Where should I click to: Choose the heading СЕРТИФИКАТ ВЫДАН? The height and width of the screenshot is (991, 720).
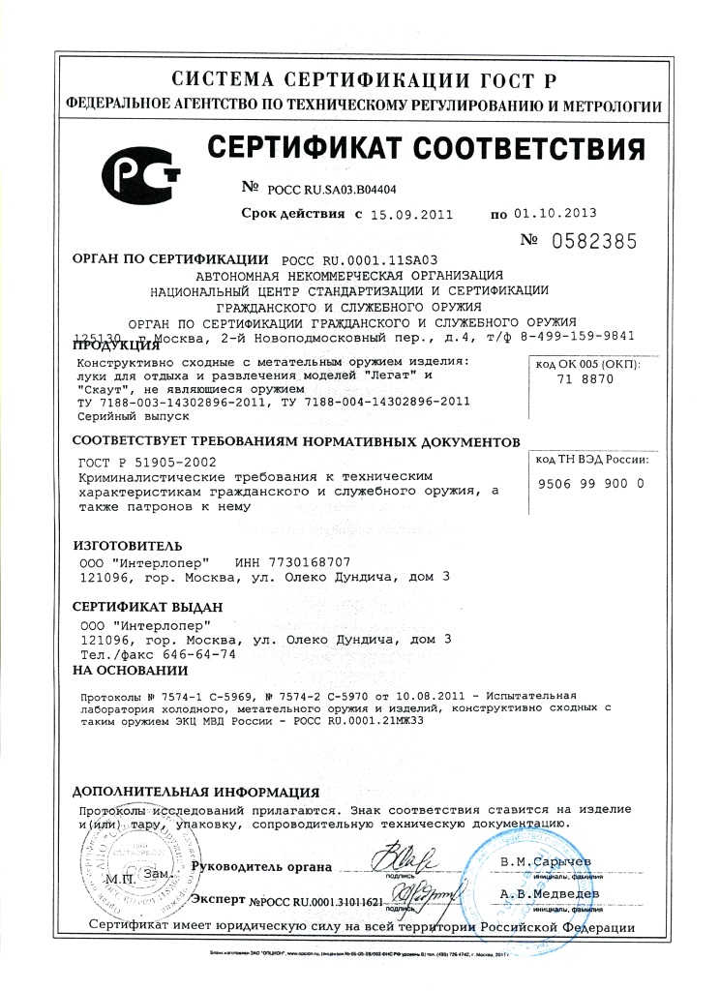coord(148,607)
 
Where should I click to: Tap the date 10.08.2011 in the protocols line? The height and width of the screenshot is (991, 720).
coord(419,695)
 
